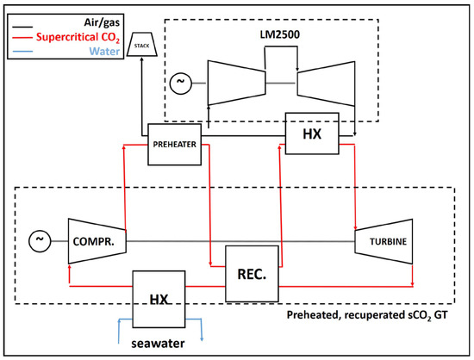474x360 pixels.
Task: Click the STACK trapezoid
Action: [141, 45]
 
